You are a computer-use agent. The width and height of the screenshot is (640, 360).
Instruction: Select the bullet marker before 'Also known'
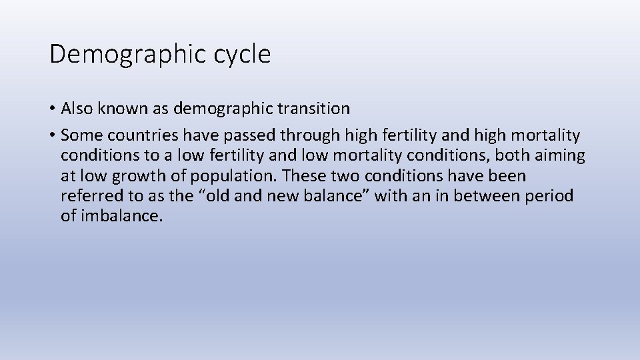(53, 109)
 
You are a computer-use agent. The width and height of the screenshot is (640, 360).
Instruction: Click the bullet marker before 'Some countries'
(53, 136)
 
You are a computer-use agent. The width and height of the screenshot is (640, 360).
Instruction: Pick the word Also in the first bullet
(76, 108)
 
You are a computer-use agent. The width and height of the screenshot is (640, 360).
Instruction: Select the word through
(310, 136)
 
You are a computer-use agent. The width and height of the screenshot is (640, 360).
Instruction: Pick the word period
(551, 197)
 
